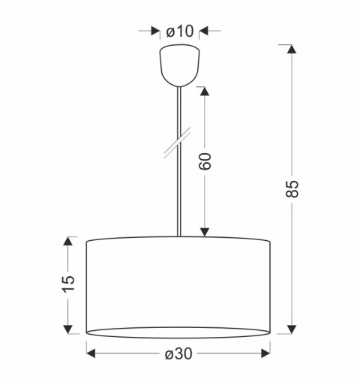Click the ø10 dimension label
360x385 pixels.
point(180,32)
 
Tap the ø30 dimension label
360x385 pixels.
point(178,353)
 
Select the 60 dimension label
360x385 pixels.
point(205,161)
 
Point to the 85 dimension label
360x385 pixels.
point(292,188)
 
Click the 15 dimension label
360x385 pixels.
point(68,284)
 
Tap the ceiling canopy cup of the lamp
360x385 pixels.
point(180,65)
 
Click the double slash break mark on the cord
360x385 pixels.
point(177,143)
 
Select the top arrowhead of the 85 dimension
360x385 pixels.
point(292,49)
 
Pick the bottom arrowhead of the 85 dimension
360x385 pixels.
point(292,329)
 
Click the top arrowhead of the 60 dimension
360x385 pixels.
point(205,91)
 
